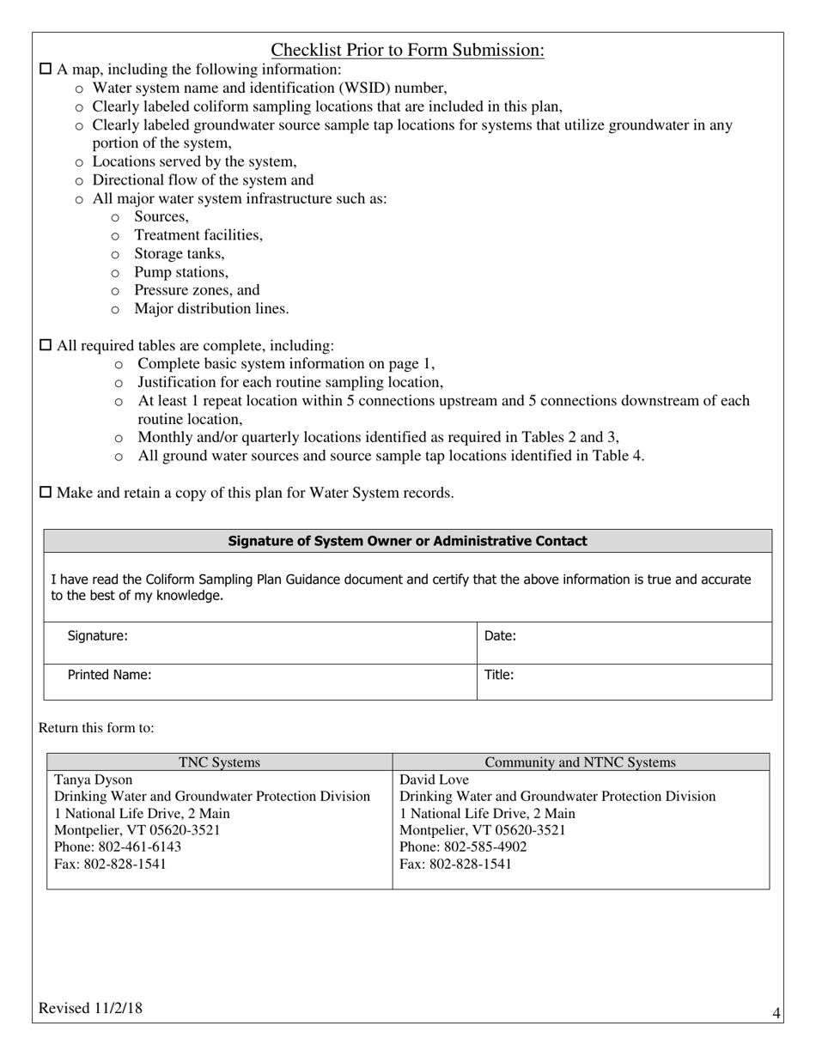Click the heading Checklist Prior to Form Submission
407,51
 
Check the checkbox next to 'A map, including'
46,70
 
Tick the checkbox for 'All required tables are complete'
46,346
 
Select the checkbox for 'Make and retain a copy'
46,493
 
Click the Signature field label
97,636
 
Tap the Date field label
500,636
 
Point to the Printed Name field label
109,675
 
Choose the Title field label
499,675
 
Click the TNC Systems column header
219,762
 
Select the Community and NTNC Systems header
580,762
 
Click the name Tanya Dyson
94,780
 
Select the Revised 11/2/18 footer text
90,1009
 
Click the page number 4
776,1014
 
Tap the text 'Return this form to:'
96,728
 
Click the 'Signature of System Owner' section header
407,541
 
